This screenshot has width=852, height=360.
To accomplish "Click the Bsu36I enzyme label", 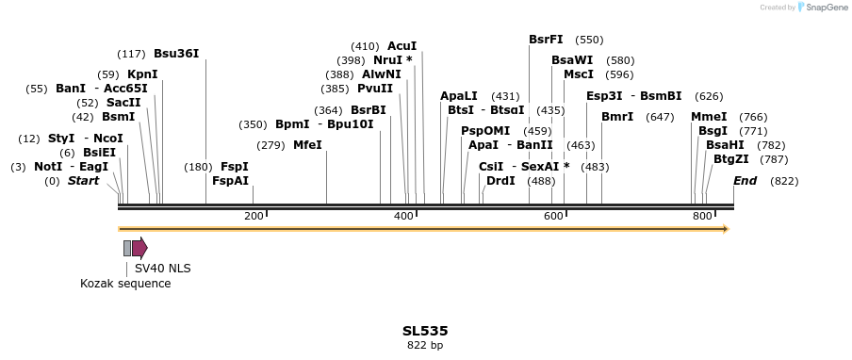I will pyautogui.click(x=176, y=54).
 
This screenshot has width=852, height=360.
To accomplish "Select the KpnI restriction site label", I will pyautogui.click(x=142, y=74).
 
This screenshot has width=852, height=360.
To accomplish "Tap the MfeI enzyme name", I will pyautogui.click(x=307, y=145).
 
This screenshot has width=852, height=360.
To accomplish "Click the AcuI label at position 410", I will pyautogui.click(x=401, y=46).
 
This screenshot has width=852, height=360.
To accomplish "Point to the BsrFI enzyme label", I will pyautogui.click(x=546, y=40).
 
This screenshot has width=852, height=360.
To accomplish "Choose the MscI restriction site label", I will pyautogui.click(x=579, y=74).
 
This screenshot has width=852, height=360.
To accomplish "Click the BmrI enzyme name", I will pyautogui.click(x=617, y=117).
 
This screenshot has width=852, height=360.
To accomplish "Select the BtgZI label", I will pyautogui.click(x=731, y=159).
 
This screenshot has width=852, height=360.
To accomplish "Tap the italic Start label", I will pyautogui.click(x=83, y=181).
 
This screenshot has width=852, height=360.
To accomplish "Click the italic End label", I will pyautogui.click(x=745, y=181).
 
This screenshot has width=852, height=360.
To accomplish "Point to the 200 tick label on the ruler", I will pyautogui.click(x=254, y=217).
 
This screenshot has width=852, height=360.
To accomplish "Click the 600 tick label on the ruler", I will pyautogui.click(x=552, y=217).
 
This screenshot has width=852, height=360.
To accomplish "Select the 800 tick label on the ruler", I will pyautogui.click(x=701, y=217).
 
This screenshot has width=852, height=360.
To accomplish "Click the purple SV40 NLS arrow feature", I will pyautogui.click(x=139, y=248).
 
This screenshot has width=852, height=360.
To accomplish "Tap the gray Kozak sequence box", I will pyautogui.click(x=127, y=248).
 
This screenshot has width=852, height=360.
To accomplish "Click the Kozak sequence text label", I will pyautogui.click(x=125, y=284).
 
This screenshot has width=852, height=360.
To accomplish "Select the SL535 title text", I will pyautogui.click(x=425, y=331).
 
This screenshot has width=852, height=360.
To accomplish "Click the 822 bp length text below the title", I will pyautogui.click(x=425, y=346).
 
